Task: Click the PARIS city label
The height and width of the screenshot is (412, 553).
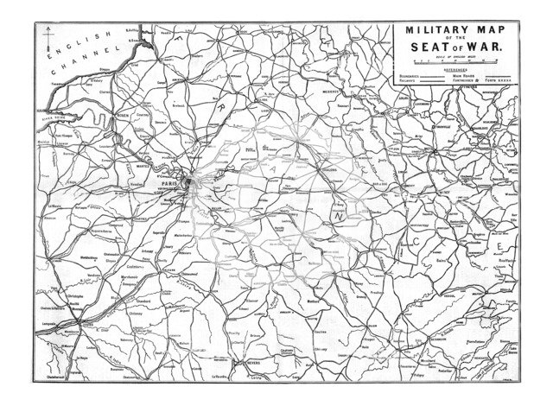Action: (x=163, y=184)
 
